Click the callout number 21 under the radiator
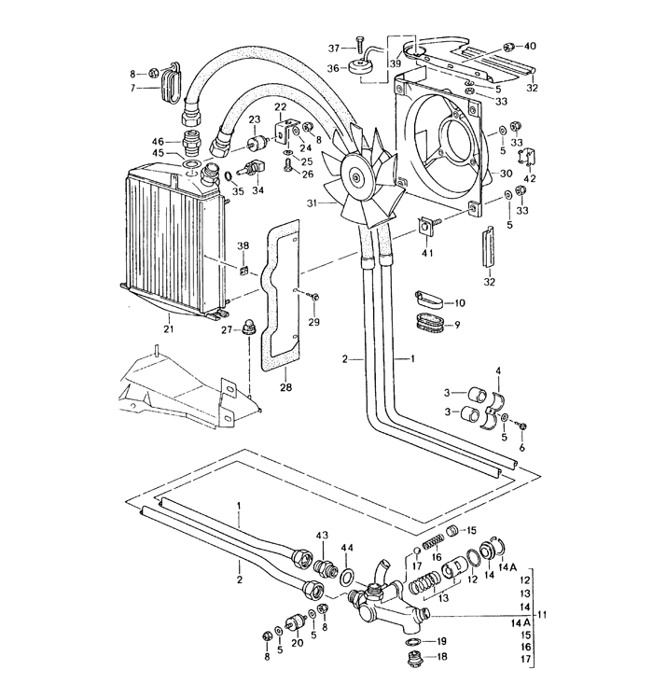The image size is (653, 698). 169,328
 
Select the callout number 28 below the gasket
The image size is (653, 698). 286,385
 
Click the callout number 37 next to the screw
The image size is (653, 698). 334,48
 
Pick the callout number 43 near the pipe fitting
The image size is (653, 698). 323,535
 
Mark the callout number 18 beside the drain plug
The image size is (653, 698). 442,657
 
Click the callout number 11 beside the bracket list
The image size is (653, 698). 542,614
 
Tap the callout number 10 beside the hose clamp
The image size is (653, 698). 459,303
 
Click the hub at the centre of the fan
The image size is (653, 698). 356,173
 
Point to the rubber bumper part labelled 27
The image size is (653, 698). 249,328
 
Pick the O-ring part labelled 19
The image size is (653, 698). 412,642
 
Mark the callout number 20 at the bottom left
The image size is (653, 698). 297,644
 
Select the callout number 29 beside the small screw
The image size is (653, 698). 313,322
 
